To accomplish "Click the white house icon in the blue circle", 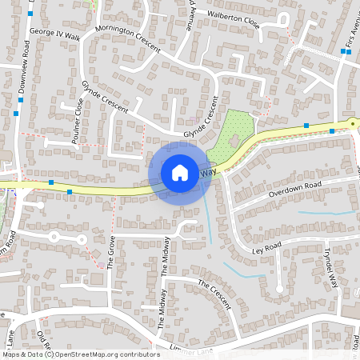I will tap(180, 172).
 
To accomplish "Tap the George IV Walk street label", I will tap(54, 35).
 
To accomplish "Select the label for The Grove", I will tap(111, 251).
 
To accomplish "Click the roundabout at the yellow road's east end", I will tap(352, 123).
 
